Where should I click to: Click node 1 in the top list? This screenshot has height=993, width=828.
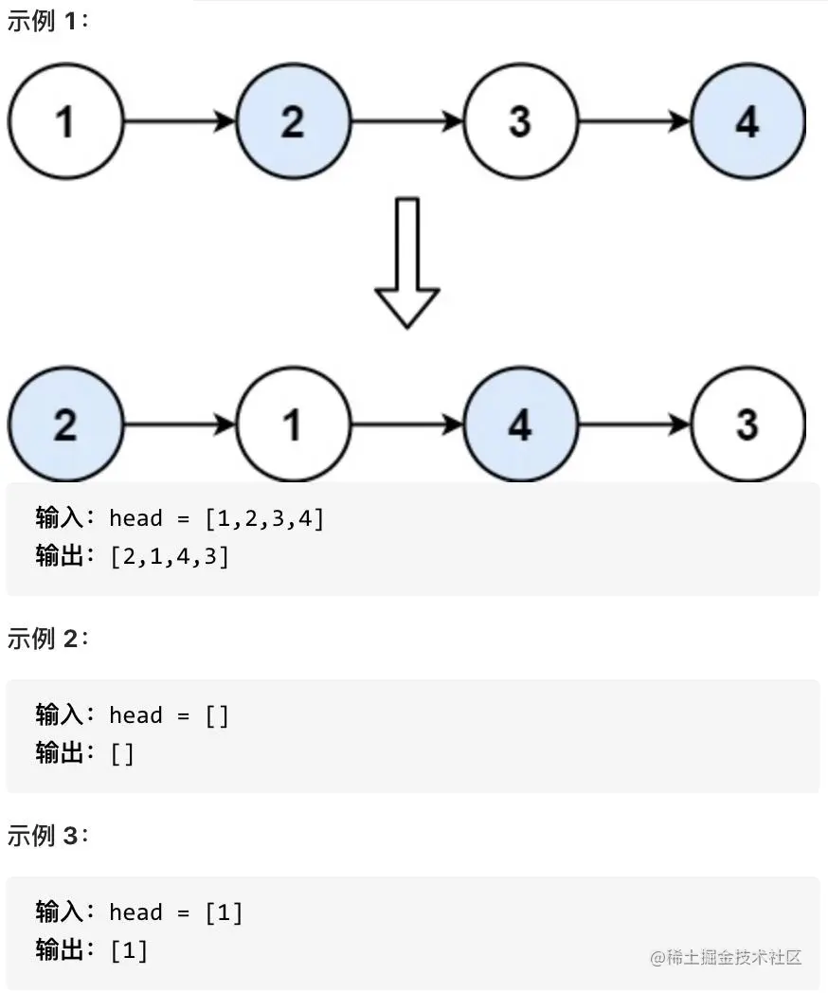[x=65, y=121]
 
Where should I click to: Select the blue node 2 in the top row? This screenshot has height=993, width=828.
[x=293, y=121]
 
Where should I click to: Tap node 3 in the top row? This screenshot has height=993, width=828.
[x=520, y=121]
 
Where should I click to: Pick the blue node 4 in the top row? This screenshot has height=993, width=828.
[x=747, y=121]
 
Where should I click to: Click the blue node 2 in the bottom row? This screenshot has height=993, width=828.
[x=65, y=424]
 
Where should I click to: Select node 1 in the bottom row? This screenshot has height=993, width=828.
[x=293, y=424]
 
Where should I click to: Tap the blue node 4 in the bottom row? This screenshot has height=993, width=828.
[x=520, y=424]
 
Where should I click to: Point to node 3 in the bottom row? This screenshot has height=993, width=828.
[x=747, y=424]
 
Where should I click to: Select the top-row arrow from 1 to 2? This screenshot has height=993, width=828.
[x=179, y=121]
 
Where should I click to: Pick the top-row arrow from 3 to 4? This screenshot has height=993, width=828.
[x=634, y=121]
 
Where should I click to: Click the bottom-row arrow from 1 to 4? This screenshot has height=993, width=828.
[x=406, y=424]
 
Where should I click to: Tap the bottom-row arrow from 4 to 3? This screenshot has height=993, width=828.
[x=634, y=424]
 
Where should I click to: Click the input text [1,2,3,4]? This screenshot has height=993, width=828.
[x=264, y=518]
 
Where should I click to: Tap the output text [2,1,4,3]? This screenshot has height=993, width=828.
[x=170, y=556]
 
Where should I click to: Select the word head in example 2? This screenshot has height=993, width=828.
[x=135, y=715]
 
